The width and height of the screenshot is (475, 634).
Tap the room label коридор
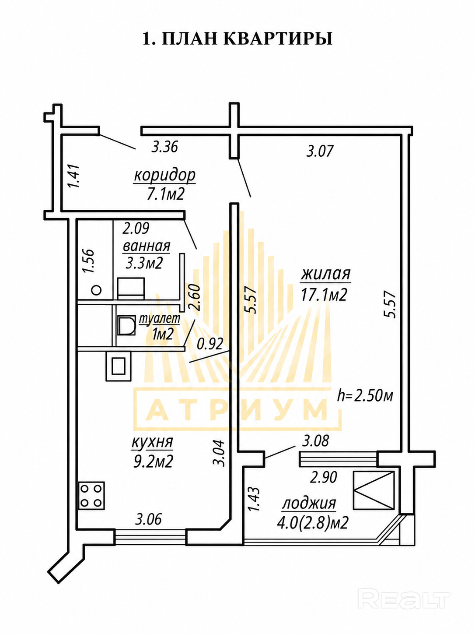pos(165,175)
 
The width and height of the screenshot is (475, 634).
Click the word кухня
pos(152,443)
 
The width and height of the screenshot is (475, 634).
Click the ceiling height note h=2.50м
pos(365,395)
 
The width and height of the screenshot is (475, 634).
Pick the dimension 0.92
pos(210,344)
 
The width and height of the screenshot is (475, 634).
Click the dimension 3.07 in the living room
pos(320,151)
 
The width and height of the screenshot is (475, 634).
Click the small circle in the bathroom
pos(96,289)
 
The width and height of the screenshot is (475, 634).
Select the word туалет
pos(160,320)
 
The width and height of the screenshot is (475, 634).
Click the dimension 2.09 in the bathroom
pos(136,228)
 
